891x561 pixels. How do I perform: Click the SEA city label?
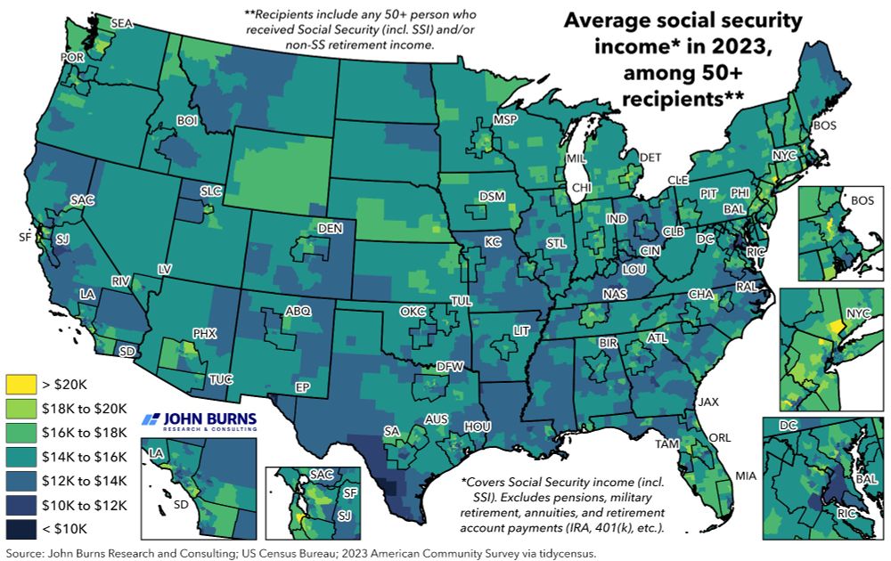tap(121, 23)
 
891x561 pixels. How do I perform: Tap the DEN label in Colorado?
tap(330, 229)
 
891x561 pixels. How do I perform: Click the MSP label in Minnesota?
tap(505, 120)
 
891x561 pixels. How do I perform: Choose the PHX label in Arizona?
tap(205, 334)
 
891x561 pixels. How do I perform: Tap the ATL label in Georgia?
tap(657, 338)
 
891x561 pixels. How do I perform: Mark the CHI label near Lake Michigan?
tap(581, 188)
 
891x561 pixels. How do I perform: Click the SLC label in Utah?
tap(211, 191)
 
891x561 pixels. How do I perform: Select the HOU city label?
tap(478, 427)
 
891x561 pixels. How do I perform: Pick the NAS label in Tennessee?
tap(614, 296)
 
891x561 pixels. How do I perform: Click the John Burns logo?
tap(199, 420)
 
